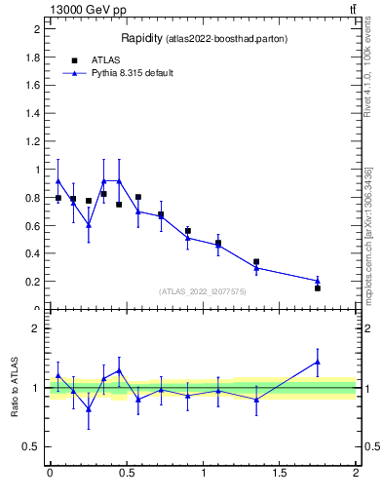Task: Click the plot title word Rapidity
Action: point(141,39)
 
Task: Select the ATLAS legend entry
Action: point(105,60)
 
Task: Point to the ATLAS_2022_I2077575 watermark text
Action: point(203,291)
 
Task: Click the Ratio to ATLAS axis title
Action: point(15,388)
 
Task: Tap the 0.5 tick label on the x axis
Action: point(126,473)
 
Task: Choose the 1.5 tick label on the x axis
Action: point(280,473)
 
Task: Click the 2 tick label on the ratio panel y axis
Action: point(36,328)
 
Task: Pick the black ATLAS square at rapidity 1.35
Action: point(256,262)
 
